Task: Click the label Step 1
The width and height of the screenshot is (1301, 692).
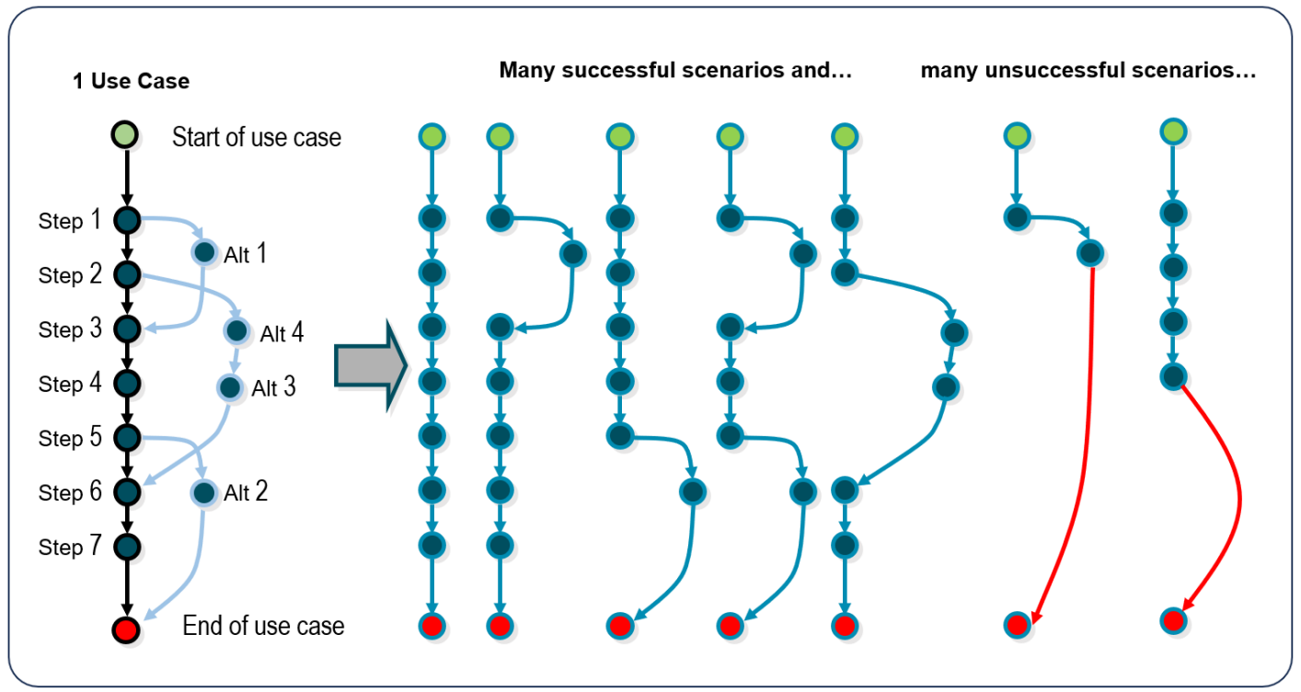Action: (x=70, y=221)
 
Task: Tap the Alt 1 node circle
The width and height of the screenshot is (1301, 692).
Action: (x=203, y=252)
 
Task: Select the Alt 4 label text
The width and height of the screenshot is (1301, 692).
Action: (x=282, y=333)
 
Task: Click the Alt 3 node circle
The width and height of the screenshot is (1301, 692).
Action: (x=229, y=387)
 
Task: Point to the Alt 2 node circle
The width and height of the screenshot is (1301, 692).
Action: (x=203, y=493)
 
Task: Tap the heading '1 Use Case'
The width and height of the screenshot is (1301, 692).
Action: (x=132, y=81)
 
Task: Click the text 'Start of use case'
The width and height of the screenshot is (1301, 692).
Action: (x=257, y=138)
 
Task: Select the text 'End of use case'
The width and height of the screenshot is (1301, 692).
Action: (x=263, y=627)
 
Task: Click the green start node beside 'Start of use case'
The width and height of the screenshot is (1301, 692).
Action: (x=126, y=137)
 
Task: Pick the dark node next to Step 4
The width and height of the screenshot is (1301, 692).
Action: (x=126, y=383)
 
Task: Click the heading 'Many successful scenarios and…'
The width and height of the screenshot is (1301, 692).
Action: (x=676, y=72)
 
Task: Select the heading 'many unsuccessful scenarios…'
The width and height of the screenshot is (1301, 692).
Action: (x=1088, y=72)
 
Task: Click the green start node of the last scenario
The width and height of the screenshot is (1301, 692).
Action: (x=1172, y=132)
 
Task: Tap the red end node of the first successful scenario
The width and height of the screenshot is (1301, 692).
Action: (x=432, y=627)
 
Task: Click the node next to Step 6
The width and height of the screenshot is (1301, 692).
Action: (x=126, y=492)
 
